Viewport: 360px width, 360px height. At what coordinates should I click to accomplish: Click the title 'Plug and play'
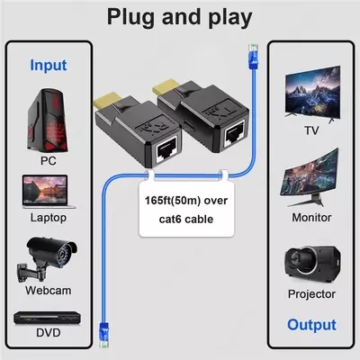[x=179, y=17]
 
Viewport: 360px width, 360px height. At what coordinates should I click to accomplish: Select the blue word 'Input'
[x=48, y=65]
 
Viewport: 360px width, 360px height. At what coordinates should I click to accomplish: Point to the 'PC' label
[x=49, y=161]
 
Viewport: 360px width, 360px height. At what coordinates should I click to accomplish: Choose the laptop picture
[x=49, y=192]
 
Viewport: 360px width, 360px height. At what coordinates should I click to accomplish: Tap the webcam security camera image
[x=47, y=255]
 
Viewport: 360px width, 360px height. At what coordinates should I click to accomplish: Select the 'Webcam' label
[x=49, y=290]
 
